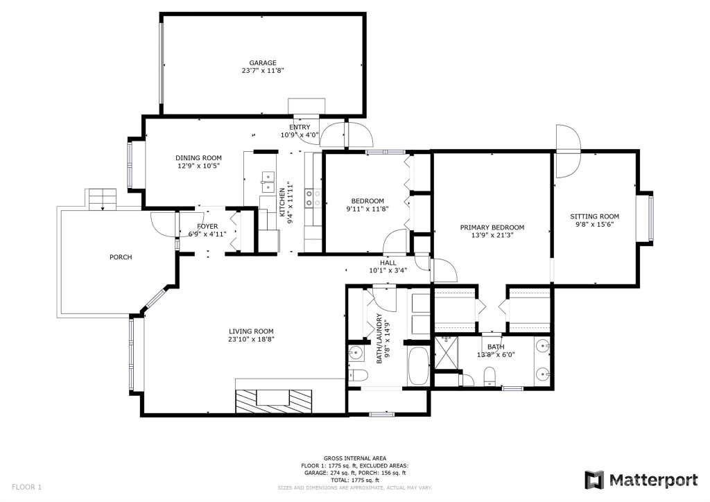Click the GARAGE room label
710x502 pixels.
click(263, 63)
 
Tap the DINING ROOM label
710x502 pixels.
click(199, 158)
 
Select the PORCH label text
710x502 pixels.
click(121, 257)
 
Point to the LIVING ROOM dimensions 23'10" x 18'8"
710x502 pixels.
click(251, 339)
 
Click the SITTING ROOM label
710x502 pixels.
click(594, 216)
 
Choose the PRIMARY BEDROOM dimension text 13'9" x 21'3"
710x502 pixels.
click(492, 235)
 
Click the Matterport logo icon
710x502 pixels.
click(594, 481)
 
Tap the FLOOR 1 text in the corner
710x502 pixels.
click(27, 487)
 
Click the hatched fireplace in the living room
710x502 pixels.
click(273, 401)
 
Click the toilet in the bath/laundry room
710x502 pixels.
click(358, 375)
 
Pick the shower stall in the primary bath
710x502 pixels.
click(447, 353)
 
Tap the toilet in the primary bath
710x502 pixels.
click(490, 376)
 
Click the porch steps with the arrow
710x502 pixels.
click(103, 200)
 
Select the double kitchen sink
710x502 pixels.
click(268, 182)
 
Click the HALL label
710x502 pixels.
click(388, 263)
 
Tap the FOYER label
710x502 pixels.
click(207, 226)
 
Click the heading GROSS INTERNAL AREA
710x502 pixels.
click(355, 458)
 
